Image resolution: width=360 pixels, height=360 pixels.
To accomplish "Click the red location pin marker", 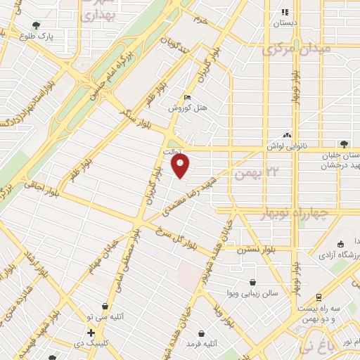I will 181,166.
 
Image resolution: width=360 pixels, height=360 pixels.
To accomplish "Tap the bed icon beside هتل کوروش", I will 186,98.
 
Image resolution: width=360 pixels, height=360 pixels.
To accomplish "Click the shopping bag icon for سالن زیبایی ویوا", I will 252,282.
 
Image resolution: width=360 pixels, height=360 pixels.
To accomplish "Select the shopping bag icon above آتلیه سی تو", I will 105,307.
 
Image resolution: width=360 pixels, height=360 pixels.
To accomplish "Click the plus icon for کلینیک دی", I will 91,332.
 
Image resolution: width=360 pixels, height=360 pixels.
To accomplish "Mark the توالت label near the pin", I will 173,150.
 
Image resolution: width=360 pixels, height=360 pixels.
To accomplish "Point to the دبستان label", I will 285,22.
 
